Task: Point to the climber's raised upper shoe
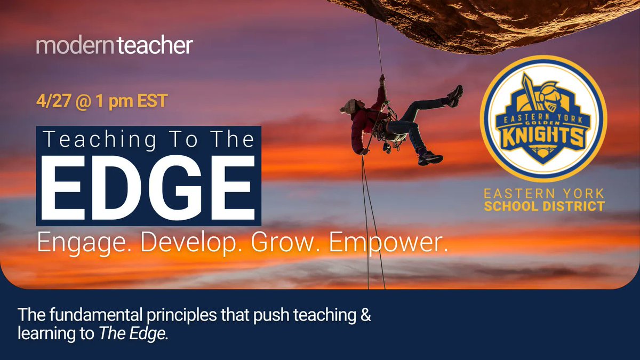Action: (x=455, y=96)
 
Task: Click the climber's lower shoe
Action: (x=431, y=158)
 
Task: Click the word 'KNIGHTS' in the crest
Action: (x=543, y=137)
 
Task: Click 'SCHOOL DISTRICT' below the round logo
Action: (x=544, y=206)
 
